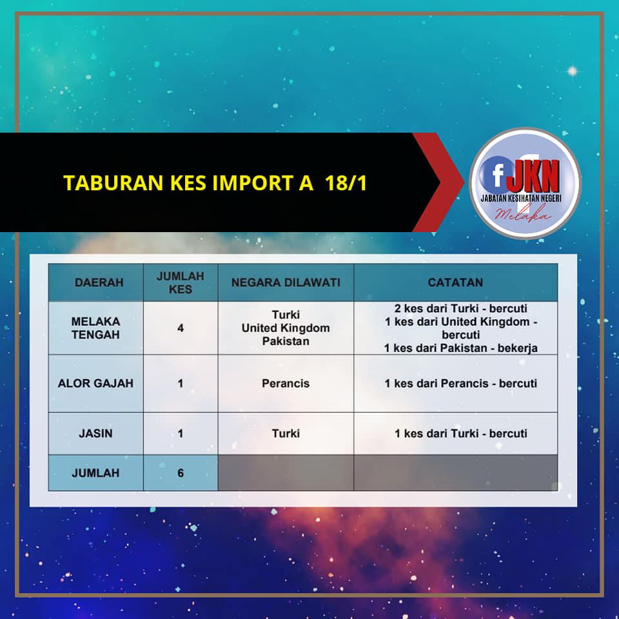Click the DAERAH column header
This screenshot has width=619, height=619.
coord(99,282)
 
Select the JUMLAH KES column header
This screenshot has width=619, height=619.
coord(181,282)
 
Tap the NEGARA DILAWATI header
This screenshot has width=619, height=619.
coord(286,282)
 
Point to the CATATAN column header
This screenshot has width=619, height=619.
coord(456,282)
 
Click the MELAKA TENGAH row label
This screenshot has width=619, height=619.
coord(95,328)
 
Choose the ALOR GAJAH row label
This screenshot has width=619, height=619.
coord(95,383)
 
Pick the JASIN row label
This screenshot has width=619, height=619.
coord(95,433)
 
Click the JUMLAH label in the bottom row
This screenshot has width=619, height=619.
coord(95,473)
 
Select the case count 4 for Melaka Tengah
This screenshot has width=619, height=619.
coord(181,328)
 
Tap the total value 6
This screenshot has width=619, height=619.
coord(181,473)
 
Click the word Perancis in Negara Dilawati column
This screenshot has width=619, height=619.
coord(286,383)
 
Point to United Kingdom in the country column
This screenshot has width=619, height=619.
coord(286,328)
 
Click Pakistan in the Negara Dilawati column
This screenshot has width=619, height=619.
coord(286,341)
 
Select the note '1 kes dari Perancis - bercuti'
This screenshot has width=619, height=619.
coord(460,383)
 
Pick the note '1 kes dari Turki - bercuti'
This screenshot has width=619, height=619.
coord(460,433)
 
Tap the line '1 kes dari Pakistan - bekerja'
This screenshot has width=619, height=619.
coord(460,348)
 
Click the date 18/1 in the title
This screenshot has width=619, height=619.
coord(346,182)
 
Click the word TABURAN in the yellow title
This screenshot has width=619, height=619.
coord(113,182)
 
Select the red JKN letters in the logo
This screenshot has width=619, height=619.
coord(533,176)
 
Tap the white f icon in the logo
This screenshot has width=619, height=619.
coord(498,175)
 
